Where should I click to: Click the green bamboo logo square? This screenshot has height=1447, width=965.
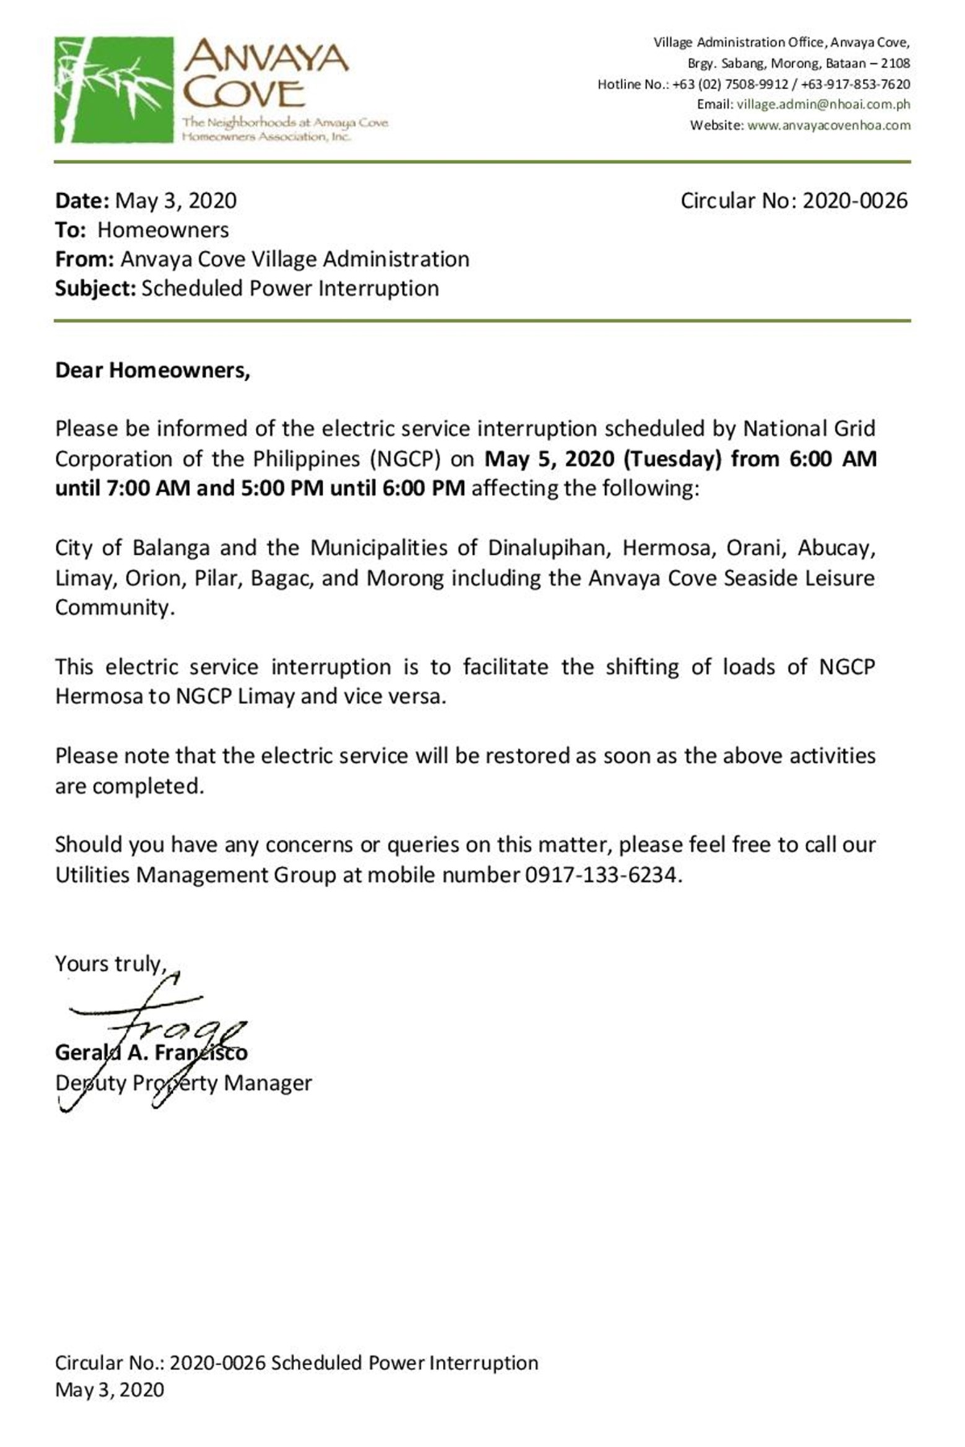pyautogui.click(x=114, y=90)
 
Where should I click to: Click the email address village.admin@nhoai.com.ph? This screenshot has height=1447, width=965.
pyautogui.click(x=823, y=105)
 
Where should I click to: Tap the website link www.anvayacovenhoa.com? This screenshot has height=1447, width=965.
pyautogui.click(x=829, y=126)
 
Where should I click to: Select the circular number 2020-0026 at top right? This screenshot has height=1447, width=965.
pyautogui.click(x=855, y=201)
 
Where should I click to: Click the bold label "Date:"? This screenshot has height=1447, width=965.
pyautogui.click(x=82, y=201)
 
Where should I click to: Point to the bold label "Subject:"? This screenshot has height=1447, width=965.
pyautogui.click(x=95, y=289)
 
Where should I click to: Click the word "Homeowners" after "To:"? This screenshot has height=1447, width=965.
pyautogui.click(x=163, y=230)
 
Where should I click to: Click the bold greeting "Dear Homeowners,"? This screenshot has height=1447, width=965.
pyautogui.click(x=152, y=370)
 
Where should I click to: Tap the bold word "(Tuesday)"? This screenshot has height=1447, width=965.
pyautogui.click(x=673, y=459)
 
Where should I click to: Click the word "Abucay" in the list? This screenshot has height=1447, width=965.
pyautogui.click(x=836, y=548)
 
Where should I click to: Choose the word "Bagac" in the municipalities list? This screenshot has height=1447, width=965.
pyautogui.click(x=290, y=578)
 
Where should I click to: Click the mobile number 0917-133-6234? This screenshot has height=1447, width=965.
pyautogui.click(x=603, y=875)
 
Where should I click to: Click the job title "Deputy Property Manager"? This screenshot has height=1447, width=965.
pyautogui.click(x=183, y=1083)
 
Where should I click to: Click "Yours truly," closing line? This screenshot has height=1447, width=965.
pyautogui.click(x=111, y=964)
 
